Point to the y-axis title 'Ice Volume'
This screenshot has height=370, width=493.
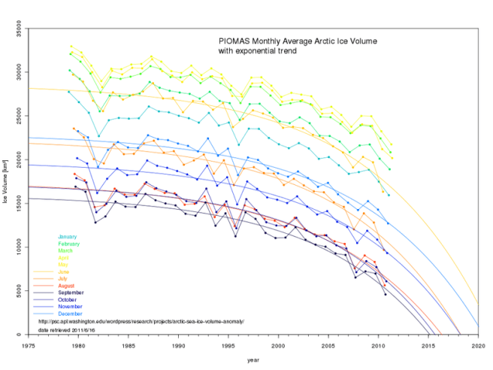click(7, 183)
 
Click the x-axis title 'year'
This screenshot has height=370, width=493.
click(253, 359)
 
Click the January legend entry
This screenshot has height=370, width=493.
click(67, 237)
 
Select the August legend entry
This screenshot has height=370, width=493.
click(66, 286)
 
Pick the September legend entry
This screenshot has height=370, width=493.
click(70, 293)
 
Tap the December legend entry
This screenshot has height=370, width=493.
click(70, 314)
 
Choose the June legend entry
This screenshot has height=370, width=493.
click(64, 271)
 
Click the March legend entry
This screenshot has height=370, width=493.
click(65, 250)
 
